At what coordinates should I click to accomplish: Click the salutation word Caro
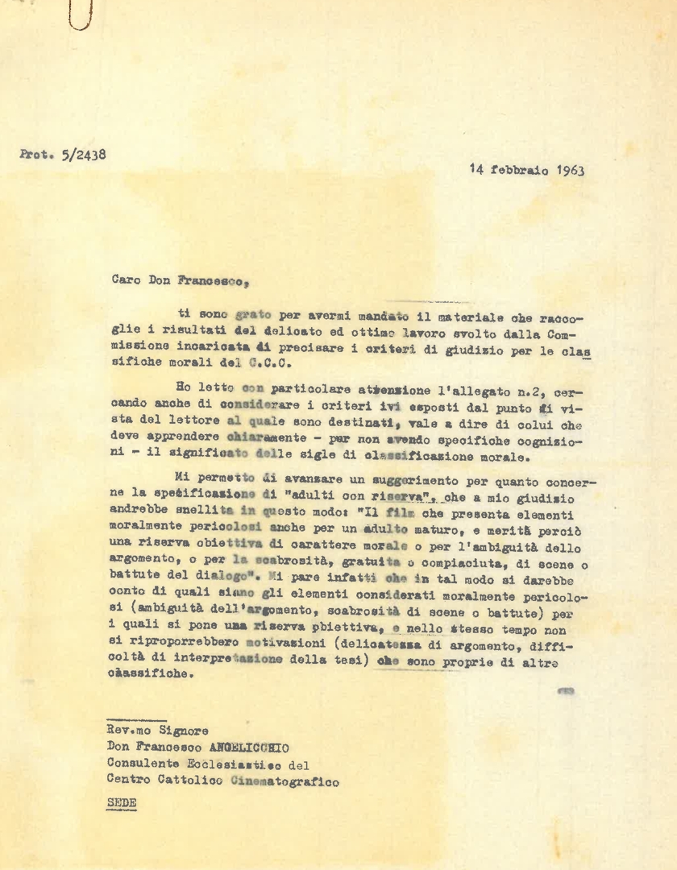click(x=124, y=280)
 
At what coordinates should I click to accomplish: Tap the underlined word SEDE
click(x=122, y=803)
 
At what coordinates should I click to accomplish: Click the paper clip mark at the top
click(x=81, y=14)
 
